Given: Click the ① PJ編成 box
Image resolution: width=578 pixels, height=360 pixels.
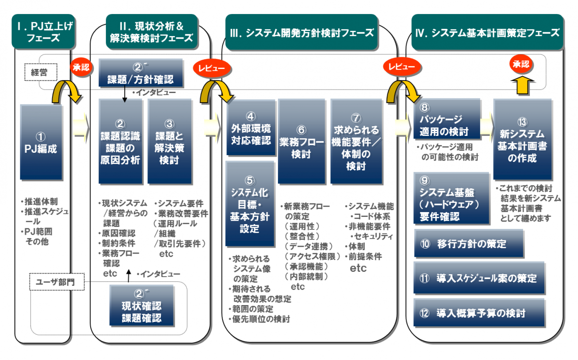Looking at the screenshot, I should click(x=41, y=143).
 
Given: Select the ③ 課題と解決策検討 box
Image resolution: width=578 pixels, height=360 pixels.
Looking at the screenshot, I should click(x=169, y=142).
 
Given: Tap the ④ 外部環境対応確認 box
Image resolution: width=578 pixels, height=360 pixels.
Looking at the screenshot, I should click(x=250, y=128).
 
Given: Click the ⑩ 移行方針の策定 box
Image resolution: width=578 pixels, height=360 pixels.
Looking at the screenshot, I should click(x=469, y=244).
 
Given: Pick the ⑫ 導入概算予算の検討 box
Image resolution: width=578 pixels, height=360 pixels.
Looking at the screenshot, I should click(x=479, y=313).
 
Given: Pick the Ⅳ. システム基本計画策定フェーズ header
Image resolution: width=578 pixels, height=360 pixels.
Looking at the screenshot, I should click(x=487, y=32).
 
